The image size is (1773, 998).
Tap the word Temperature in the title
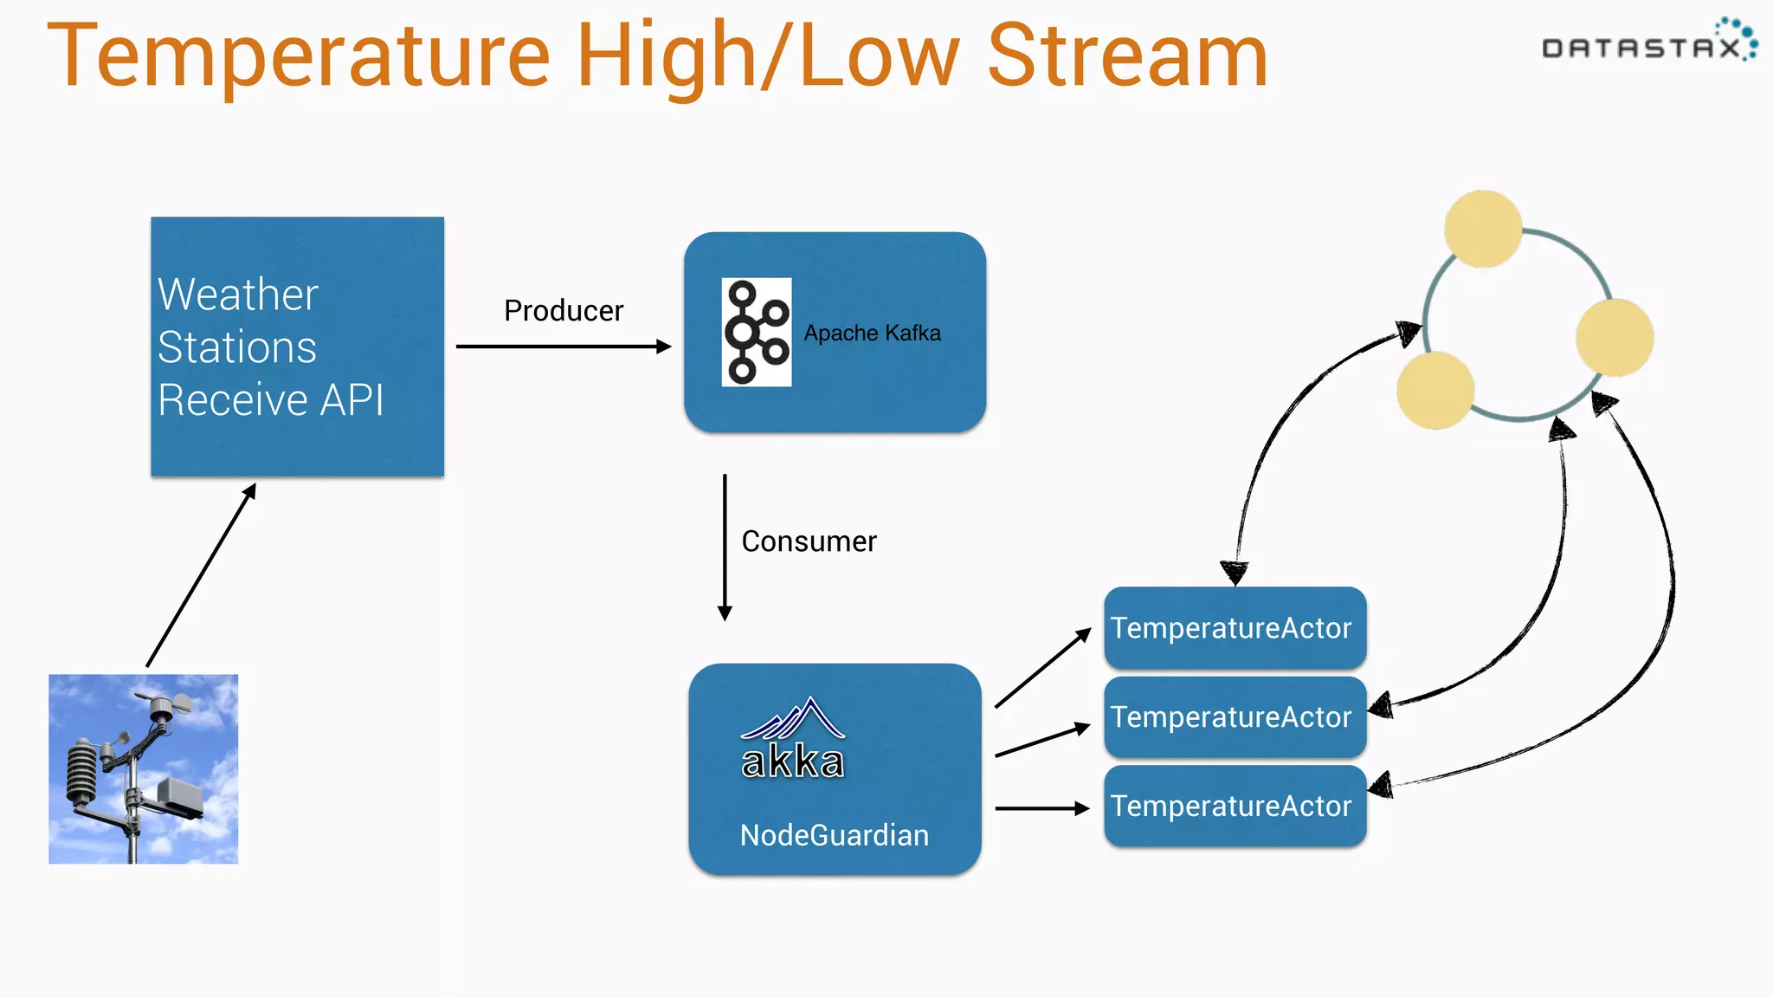299,56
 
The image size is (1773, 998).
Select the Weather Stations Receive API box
297,347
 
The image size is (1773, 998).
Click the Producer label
564,310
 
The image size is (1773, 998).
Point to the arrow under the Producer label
563,347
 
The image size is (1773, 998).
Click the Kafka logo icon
757,332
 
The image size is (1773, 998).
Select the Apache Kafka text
872,333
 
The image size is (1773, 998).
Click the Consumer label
809,541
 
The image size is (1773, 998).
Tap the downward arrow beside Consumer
725,546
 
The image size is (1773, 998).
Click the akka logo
792,741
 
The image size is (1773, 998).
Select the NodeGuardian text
834,835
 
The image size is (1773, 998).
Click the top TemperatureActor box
1235,627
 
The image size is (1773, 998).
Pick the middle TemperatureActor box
1235,717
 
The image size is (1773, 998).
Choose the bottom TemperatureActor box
1235,806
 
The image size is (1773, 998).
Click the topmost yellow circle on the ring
1483,229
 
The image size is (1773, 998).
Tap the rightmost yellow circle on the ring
1615,338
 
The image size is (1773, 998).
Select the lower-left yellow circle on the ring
1435,390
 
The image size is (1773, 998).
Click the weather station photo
144,768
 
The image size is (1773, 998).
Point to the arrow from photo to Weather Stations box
201,575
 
